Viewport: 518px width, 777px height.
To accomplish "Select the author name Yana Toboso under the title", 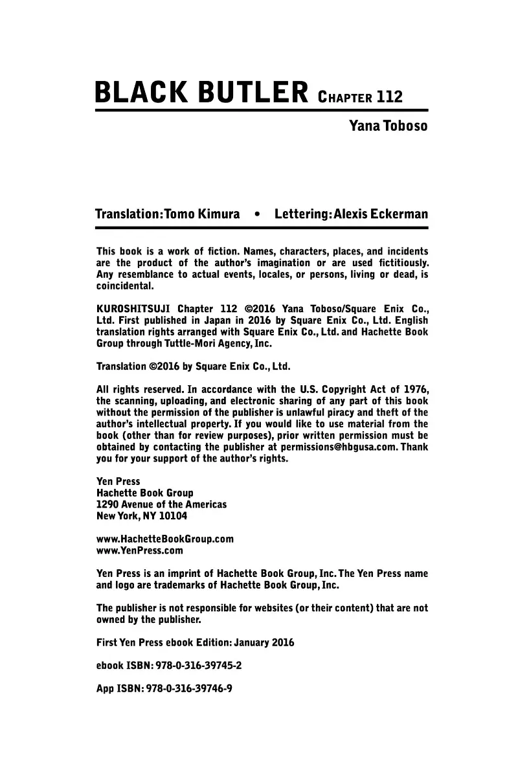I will point(388,126).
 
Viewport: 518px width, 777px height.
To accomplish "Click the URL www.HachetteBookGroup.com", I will point(164,539).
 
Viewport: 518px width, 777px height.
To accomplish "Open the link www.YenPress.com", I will point(139,551).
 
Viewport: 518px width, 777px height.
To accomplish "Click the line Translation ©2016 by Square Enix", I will point(193,366).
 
